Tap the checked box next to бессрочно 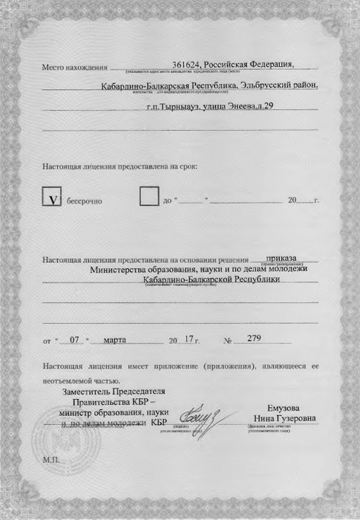(x=53, y=199)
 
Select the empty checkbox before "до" (x=149, y=197)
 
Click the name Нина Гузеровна (x=289, y=418)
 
